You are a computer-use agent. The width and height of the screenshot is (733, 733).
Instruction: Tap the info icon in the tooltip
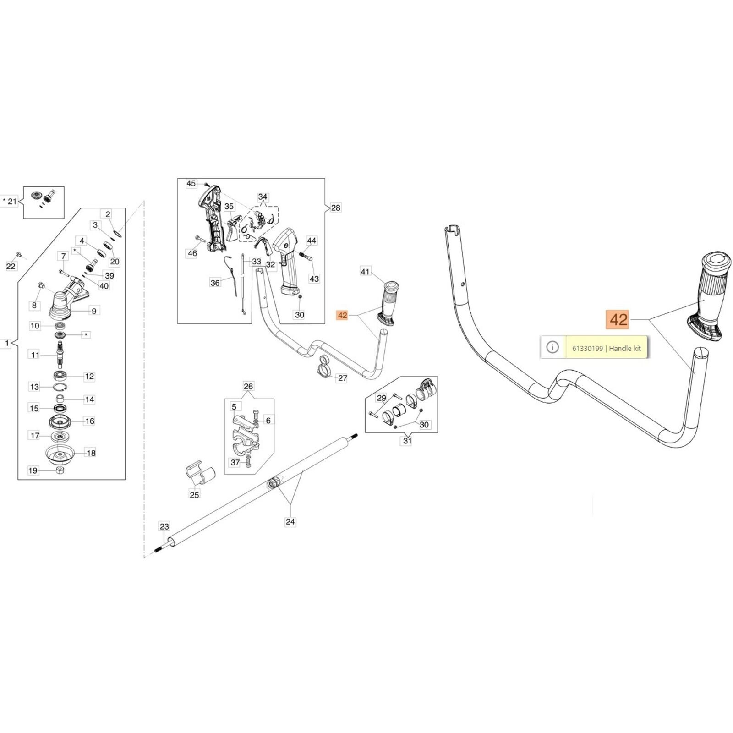click(x=552, y=347)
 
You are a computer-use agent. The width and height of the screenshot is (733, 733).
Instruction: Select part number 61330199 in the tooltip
click(x=587, y=348)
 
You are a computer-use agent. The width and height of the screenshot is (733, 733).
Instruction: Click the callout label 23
click(x=164, y=526)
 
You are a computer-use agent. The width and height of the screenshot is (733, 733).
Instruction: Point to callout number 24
click(x=290, y=521)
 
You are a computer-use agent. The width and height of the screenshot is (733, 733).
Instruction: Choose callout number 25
click(x=194, y=495)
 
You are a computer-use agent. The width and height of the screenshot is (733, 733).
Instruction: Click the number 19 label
click(x=33, y=470)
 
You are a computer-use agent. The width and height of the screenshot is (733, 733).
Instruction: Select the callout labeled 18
click(x=91, y=453)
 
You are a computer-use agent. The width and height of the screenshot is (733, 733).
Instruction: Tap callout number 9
click(x=94, y=311)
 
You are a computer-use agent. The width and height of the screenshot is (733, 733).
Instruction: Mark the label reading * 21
click(x=10, y=201)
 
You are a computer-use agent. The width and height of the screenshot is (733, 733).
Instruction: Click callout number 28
click(x=335, y=208)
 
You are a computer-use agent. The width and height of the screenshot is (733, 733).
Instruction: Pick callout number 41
click(x=365, y=272)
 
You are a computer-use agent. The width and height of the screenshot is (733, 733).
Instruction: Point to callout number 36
click(x=215, y=283)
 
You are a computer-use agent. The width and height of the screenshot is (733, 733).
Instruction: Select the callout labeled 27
click(x=342, y=378)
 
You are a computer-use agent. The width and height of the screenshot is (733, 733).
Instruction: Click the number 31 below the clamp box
click(x=407, y=441)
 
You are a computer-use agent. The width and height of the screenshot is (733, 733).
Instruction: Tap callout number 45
click(x=191, y=183)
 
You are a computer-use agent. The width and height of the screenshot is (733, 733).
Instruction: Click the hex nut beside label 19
click(x=60, y=470)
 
